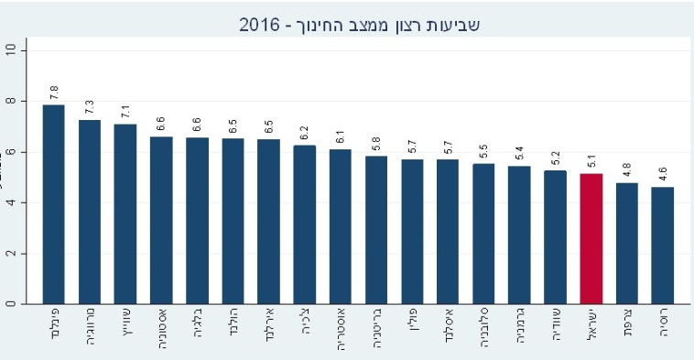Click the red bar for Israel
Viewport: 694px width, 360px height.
[591, 238]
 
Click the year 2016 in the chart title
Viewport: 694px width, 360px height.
[259, 25]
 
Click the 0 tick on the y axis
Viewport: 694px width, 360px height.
[11, 303]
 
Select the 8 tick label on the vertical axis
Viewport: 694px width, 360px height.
[11, 101]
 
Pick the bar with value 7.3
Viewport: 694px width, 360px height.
[90, 211]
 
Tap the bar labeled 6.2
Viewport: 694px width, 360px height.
[305, 224]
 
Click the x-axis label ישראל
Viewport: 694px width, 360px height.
[591, 330]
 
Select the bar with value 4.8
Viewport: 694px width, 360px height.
[627, 243]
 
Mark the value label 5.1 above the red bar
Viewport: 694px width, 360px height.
[591, 160]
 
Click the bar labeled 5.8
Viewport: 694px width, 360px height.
[376, 229]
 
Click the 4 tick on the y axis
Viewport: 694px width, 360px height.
[11, 202]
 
